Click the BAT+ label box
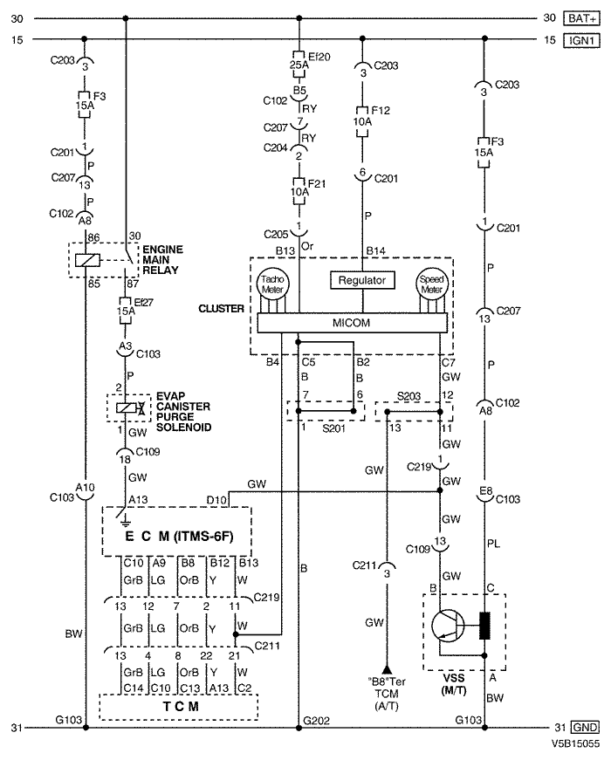click(581, 18)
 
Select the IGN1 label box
click(581, 40)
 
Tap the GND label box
click(585, 728)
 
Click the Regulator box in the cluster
click(362, 280)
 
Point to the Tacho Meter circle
click(272, 284)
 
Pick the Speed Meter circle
click(431, 284)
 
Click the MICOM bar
click(352, 323)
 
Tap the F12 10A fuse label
click(372, 116)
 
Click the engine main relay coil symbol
click(88, 260)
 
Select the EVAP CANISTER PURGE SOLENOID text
click(184, 412)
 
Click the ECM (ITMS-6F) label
click(179, 536)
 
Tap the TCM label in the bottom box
click(181, 706)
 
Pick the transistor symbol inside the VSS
click(448, 626)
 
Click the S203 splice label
click(408, 396)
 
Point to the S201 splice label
click(333, 428)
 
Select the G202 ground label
click(316, 721)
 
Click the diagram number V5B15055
click(575, 743)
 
